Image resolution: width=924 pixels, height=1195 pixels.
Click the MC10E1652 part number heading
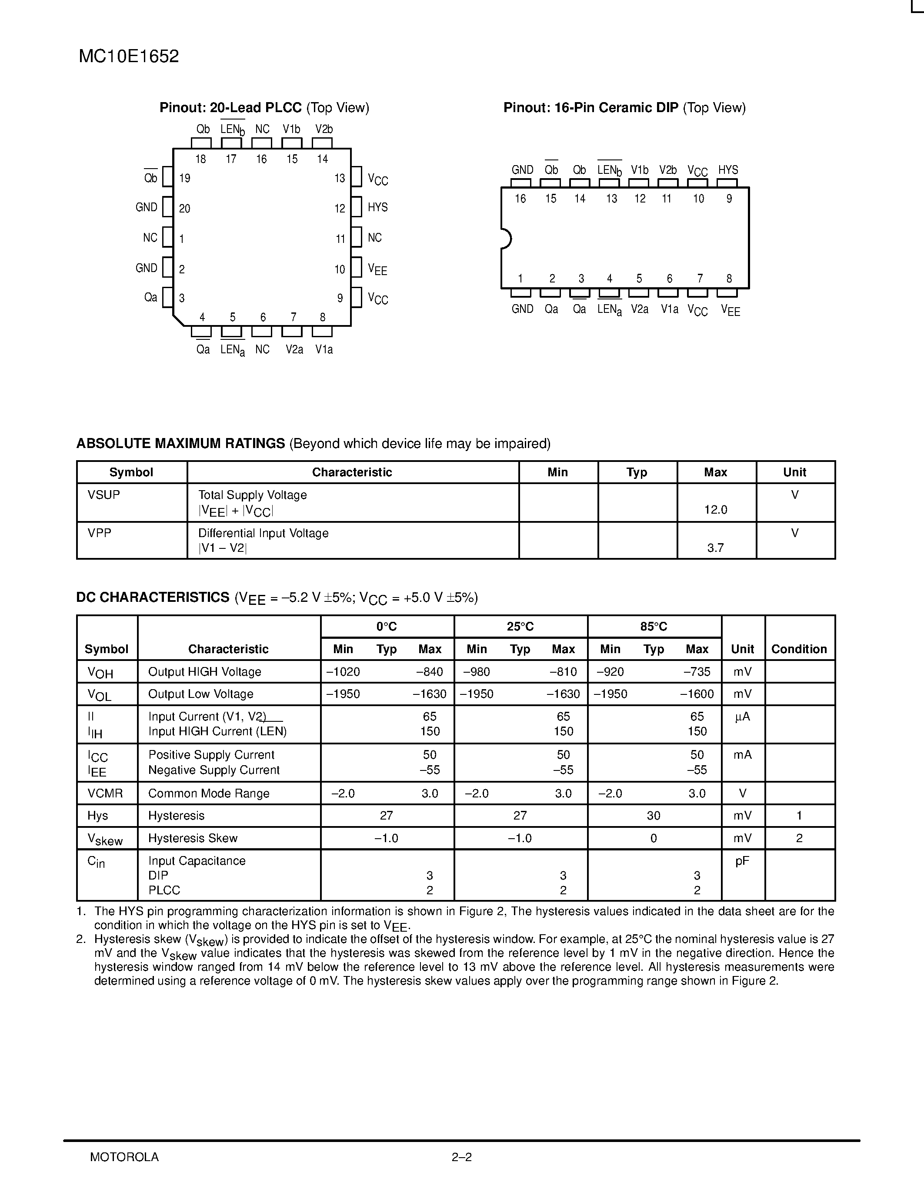(x=129, y=57)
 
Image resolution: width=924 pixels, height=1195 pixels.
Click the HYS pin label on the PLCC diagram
(x=378, y=207)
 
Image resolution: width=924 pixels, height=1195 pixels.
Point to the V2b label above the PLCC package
(x=324, y=129)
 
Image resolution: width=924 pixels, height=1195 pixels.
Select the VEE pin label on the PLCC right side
(x=378, y=269)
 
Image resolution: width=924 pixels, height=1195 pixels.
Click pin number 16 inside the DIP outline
(x=520, y=199)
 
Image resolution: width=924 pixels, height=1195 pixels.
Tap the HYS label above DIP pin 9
(x=728, y=170)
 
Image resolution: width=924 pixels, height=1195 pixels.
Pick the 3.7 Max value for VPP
(x=715, y=548)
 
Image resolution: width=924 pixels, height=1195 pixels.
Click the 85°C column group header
(x=654, y=627)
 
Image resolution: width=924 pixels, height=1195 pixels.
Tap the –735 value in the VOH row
(x=697, y=671)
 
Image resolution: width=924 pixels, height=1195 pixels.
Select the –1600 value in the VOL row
(x=697, y=694)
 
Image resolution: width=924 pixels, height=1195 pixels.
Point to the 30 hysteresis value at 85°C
(x=654, y=816)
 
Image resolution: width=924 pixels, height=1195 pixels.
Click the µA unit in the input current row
(x=742, y=717)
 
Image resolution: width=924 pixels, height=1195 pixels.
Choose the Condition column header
(x=799, y=649)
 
